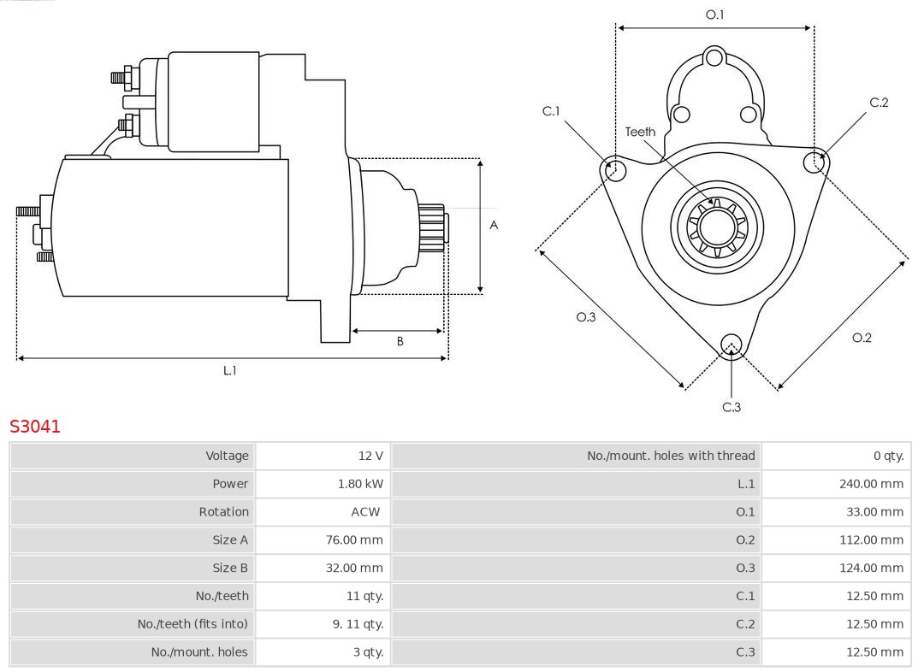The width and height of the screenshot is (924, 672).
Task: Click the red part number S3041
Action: [35, 426]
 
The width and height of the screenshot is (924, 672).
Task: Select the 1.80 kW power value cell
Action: [359, 484]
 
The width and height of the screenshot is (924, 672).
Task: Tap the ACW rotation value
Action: [365, 512]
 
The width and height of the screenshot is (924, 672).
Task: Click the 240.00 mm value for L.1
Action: [870, 484]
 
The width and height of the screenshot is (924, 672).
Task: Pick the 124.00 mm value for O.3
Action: [870, 568]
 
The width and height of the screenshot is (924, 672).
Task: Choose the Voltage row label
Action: [227, 456]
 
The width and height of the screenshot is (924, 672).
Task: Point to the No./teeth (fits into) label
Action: [192, 624]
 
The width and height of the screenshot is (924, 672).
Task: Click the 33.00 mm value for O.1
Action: [874, 512]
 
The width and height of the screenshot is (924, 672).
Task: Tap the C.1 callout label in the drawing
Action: [551, 111]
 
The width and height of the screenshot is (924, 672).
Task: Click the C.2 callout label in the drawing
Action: [879, 103]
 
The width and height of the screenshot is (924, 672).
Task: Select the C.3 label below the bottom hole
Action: [731, 407]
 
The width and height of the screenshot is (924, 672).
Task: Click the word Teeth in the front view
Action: [640, 132]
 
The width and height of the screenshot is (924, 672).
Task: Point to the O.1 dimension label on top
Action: [714, 15]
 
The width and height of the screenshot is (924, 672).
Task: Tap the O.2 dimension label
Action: [862, 338]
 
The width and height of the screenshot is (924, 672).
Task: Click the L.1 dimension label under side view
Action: [229, 370]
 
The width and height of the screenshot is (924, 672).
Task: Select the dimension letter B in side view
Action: [400, 341]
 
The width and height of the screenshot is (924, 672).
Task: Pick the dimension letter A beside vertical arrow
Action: [494, 226]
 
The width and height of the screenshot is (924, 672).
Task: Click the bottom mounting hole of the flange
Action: [731, 345]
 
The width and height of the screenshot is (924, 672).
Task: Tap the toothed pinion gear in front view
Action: [718, 228]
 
